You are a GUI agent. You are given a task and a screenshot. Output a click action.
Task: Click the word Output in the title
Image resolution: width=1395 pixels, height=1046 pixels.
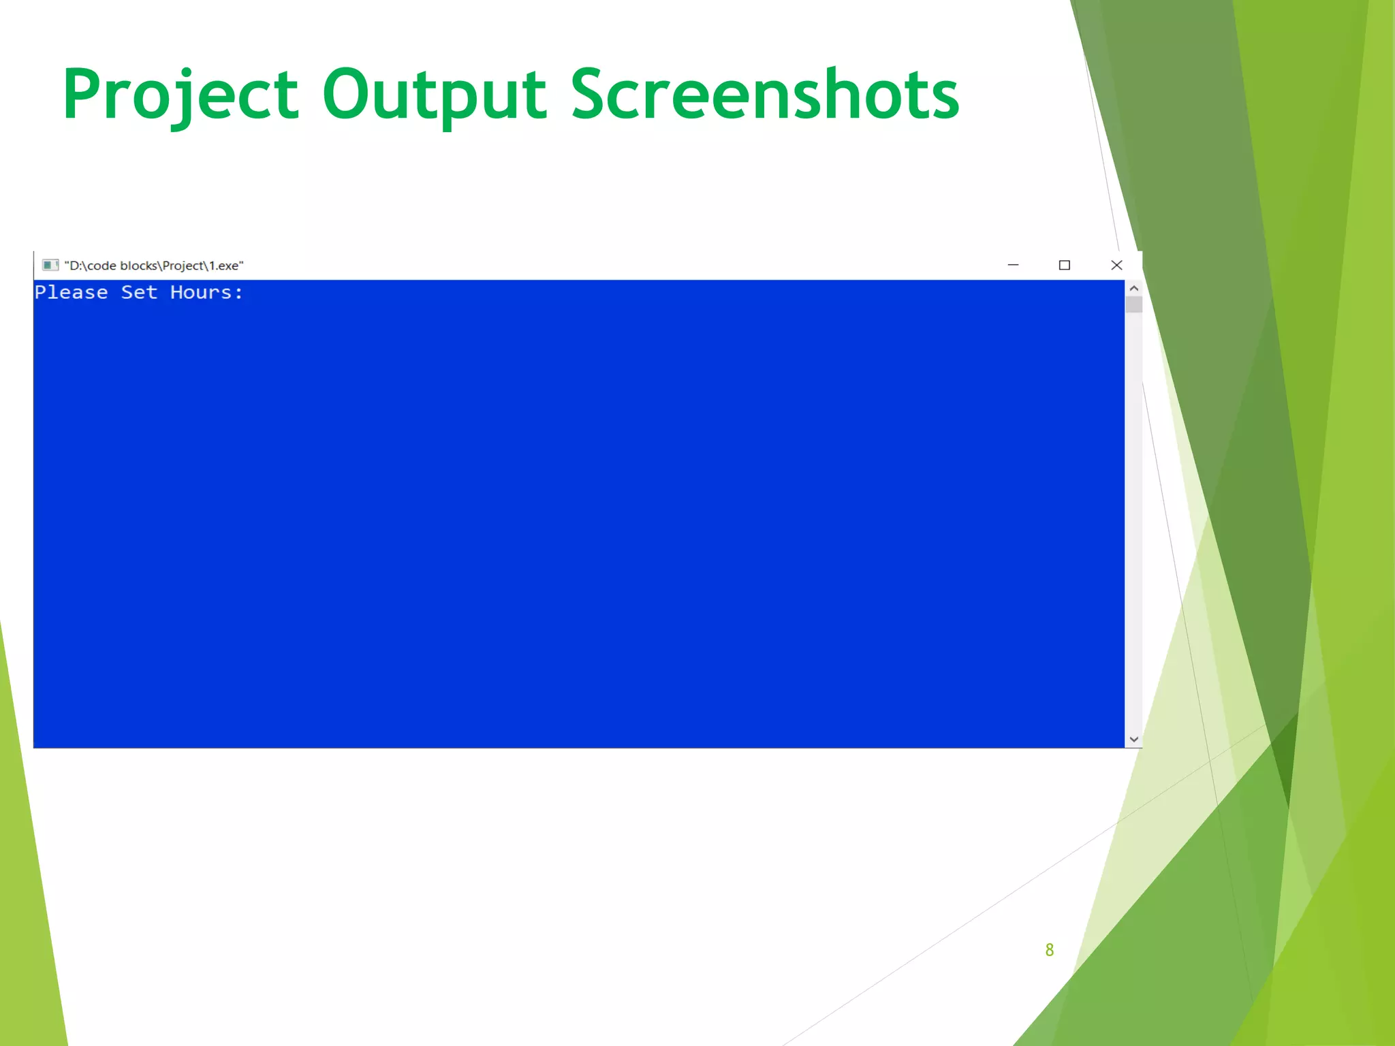(434, 95)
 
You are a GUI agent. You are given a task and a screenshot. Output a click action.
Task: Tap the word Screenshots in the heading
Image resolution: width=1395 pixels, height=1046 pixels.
(764, 95)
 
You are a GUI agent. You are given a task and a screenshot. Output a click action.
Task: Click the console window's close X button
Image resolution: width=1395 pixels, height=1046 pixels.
(1116, 265)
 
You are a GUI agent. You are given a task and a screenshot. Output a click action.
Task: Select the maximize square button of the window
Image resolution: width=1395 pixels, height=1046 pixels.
(1065, 265)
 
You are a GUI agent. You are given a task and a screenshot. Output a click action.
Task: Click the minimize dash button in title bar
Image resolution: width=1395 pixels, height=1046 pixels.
(1013, 265)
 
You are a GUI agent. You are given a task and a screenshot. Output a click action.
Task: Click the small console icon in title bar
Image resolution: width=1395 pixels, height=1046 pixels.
(50, 265)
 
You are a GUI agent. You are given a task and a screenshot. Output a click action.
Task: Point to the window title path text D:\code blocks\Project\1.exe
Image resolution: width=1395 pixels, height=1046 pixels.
(154, 266)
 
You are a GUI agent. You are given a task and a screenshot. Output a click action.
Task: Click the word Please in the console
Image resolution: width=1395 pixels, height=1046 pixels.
(72, 293)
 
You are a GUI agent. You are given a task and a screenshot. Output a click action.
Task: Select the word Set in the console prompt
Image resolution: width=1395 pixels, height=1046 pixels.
(139, 293)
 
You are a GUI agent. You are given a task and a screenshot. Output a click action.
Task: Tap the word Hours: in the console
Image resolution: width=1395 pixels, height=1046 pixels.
(206, 293)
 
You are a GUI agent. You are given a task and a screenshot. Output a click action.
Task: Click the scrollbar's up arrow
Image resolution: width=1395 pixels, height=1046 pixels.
(1133, 288)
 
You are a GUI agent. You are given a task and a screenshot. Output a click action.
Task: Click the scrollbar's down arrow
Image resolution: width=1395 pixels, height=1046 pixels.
(1133, 739)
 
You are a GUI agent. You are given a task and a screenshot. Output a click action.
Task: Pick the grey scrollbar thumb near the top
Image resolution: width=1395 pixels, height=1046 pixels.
(1133, 304)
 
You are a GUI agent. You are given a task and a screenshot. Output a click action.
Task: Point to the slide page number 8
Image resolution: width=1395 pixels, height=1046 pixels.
(1049, 950)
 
